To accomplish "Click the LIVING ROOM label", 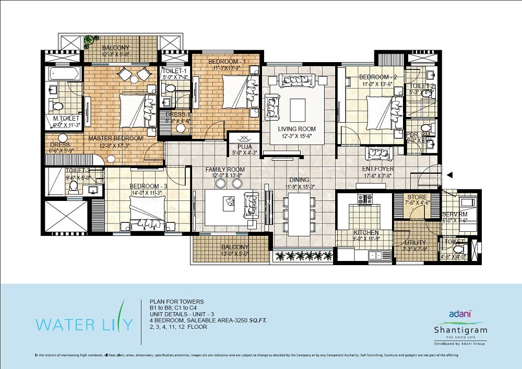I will [296, 129].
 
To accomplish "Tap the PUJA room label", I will [241, 147].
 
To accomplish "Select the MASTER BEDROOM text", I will [115, 138].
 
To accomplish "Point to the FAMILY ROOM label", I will [225, 170].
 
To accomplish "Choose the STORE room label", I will [417, 197].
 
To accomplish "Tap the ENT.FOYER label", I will [378, 170].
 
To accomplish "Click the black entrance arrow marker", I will [449, 175].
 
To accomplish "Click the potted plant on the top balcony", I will [92, 40].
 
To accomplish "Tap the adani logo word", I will [460, 314].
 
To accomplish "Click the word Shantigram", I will [460, 330].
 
